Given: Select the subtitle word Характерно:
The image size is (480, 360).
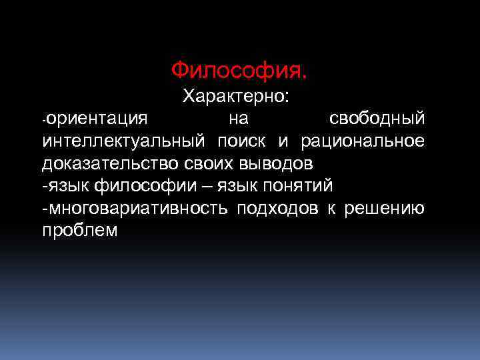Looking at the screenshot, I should pos(236,97).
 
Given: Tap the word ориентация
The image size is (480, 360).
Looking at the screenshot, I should pos(97,119).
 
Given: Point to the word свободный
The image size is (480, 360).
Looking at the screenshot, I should pos(377,119).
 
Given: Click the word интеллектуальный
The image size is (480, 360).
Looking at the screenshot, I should pos(123,141).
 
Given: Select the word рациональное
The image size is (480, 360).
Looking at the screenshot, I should pos(363,141).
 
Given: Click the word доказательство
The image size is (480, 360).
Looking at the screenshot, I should pos(108,163).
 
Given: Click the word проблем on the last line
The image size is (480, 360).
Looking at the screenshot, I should pos(79,231).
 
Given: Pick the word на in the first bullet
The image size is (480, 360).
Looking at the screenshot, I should pos(237,119).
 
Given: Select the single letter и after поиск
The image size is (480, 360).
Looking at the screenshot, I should pos(283,141).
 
